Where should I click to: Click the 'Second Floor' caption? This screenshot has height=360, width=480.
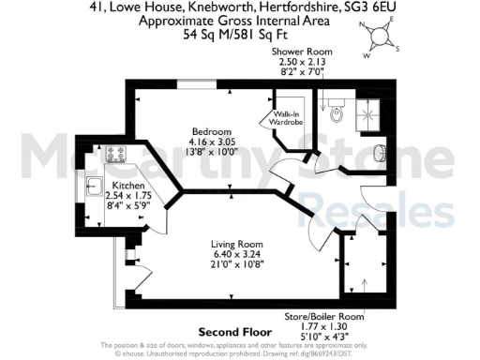[x=234, y=332]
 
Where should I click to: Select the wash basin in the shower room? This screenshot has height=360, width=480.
[x=379, y=152]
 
